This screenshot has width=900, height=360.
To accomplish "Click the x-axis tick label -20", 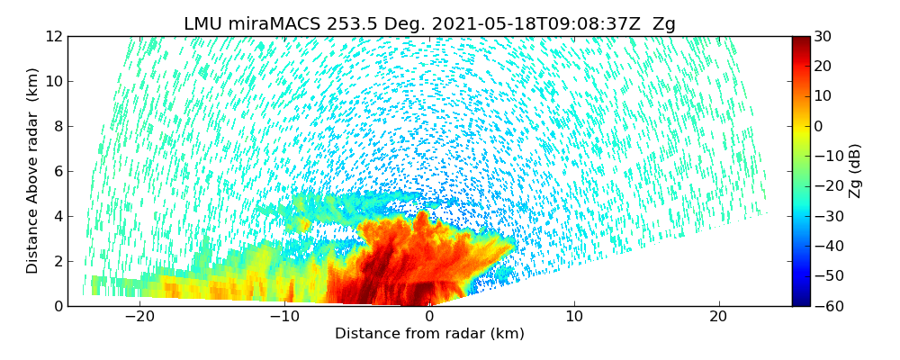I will (139, 317).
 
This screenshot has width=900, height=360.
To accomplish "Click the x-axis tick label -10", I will (284, 317).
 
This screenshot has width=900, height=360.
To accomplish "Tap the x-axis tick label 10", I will (573, 317).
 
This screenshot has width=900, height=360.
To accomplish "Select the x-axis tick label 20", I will (718, 317).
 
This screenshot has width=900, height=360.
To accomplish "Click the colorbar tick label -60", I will (827, 306).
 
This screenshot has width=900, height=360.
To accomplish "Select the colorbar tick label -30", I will (827, 216).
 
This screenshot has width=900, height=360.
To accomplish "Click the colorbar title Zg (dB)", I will (855, 171).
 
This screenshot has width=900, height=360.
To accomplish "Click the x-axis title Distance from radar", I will (429, 334).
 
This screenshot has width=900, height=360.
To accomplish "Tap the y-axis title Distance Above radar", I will (33, 171).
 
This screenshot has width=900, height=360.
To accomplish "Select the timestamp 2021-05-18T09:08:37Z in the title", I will (531, 24).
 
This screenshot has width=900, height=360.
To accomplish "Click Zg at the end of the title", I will (663, 24).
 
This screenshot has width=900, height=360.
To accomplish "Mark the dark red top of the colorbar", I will (801, 40).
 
